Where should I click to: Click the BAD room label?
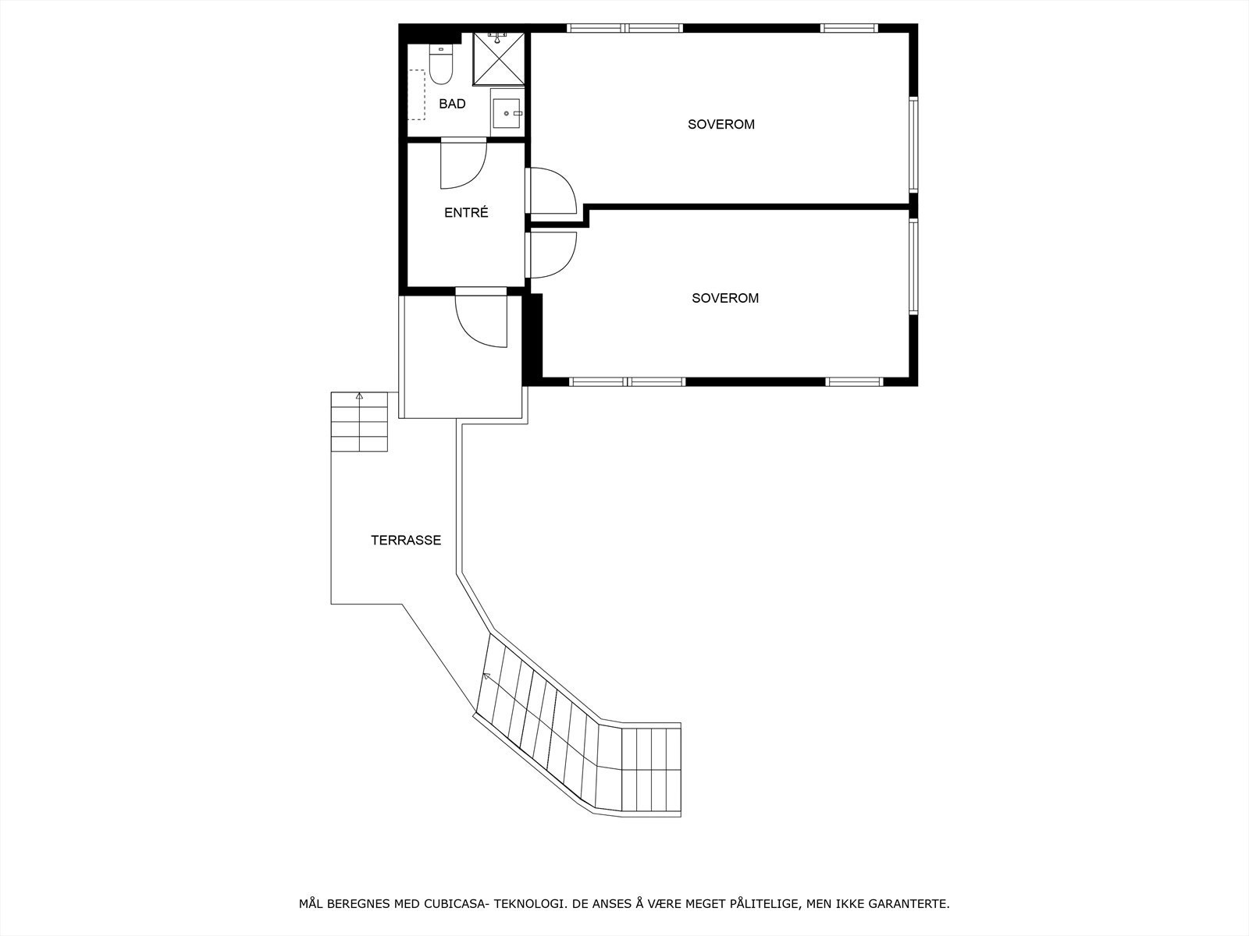(452, 104)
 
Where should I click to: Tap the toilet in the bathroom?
(441, 65)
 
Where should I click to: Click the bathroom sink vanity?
(508, 113)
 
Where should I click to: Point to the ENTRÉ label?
(466, 212)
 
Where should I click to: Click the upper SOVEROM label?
(721, 124)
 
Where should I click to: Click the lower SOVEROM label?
(724, 298)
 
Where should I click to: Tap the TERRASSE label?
(405, 540)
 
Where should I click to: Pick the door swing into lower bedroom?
(551, 255)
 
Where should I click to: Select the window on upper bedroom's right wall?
(913, 144)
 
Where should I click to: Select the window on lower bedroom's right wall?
(913, 267)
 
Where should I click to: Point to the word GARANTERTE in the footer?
(913, 904)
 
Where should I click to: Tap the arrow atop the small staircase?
(359, 397)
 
